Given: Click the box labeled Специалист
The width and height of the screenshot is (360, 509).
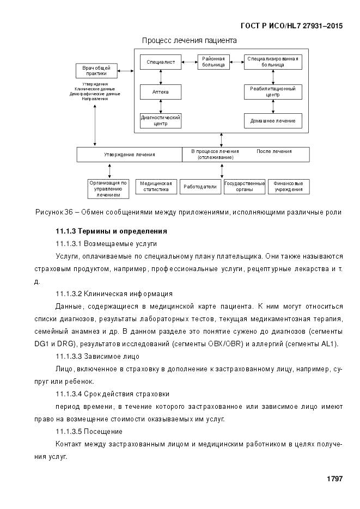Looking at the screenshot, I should point(161,62).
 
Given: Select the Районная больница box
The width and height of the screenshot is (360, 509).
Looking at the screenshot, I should point(213,62).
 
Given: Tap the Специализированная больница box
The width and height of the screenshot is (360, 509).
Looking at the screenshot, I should point(272,62).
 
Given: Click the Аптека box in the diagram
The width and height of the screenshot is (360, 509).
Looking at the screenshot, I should point(161,92).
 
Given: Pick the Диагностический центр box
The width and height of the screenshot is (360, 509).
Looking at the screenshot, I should point(161,120).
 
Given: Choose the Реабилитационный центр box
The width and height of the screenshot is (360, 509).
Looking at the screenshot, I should point(272,91).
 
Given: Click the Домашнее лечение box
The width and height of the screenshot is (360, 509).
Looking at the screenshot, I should point(272,121).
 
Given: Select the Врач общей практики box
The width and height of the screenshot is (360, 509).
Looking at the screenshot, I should point(96,70).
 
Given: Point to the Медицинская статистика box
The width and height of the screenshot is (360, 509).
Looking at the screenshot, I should point(156,187).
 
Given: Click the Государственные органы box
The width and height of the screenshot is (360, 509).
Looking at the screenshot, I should point(245,187).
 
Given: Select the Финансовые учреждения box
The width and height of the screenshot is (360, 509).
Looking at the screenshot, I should point(289,187).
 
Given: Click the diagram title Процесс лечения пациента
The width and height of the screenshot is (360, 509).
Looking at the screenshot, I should point(189,40).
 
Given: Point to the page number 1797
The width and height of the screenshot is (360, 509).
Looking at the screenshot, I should point(334,479).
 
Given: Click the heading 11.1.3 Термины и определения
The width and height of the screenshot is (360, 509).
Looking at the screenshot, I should point(107,231).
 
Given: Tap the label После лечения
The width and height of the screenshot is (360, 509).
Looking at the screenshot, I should point(274,151).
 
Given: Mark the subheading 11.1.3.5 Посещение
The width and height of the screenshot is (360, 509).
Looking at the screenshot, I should point(89,432).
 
